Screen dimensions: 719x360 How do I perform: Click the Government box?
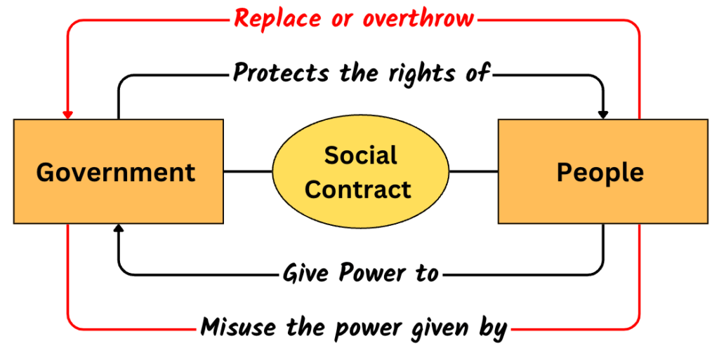click(x=118, y=171)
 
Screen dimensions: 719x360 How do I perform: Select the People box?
click(x=603, y=171)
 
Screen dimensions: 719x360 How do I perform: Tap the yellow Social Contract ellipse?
click(x=361, y=172)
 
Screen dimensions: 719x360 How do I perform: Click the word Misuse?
click(x=239, y=327)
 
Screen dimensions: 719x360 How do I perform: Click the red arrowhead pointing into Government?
click(x=68, y=115)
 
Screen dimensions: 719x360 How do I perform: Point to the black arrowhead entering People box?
click(x=603, y=115)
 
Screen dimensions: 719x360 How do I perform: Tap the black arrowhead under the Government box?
click(x=118, y=228)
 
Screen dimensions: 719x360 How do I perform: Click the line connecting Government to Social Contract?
click(x=248, y=172)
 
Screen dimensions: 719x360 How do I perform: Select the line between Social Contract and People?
click(x=474, y=172)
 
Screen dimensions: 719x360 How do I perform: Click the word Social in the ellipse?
click(x=361, y=155)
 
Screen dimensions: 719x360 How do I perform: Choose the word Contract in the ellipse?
click(x=358, y=189)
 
